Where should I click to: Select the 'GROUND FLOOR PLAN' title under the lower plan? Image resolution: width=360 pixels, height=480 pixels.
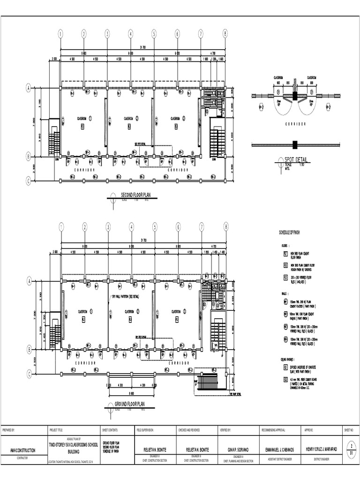[x=130, y=404]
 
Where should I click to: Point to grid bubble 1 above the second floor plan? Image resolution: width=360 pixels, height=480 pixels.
[x=60, y=33]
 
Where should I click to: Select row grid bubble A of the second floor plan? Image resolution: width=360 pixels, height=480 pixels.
[x=28, y=88]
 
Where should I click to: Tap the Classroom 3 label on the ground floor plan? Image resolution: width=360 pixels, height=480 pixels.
[x=177, y=311]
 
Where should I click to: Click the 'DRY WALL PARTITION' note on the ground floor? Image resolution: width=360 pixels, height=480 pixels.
[x=125, y=297]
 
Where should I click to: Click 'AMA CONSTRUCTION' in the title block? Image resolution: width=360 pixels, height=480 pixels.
[x=23, y=450]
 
